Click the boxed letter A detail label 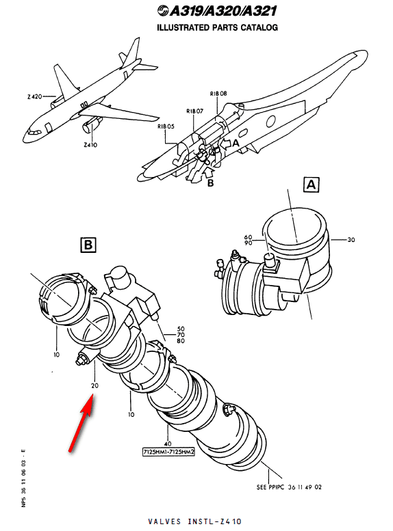pos(311,185)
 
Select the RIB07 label pos(196,110)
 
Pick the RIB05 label pos(166,126)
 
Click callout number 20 pos(94,385)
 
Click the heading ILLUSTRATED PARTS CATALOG pos(217,27)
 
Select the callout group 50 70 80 pos(181,336)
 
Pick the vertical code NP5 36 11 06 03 pos(23,479)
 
